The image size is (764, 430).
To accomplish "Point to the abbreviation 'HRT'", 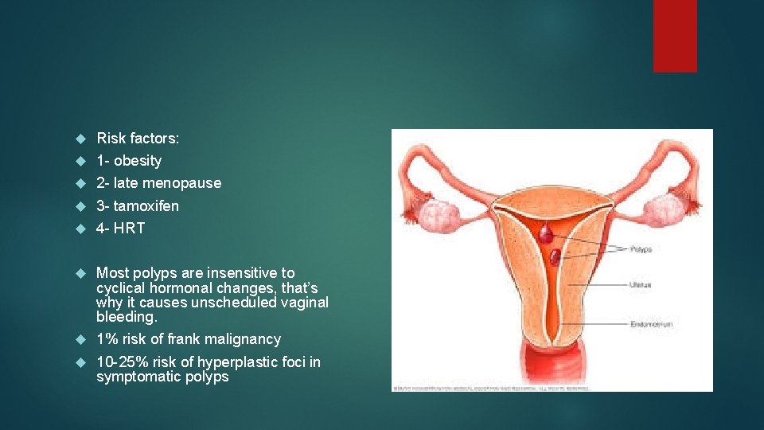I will (129, 229).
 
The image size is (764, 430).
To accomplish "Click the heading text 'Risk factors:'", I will (138, 139).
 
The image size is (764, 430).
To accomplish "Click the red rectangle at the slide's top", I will (675, 36).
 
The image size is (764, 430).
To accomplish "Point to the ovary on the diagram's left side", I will (435, 213).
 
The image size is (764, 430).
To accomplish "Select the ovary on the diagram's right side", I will (665, 212).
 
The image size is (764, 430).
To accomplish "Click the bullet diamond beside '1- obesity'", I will (80, 161).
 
